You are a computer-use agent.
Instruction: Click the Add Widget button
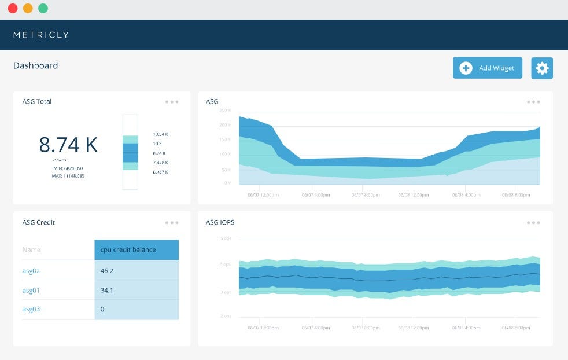(487, 68)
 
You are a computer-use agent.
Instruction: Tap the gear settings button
(541, 68)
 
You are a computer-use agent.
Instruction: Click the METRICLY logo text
(41, 35)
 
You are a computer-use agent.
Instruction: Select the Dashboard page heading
(36, 65)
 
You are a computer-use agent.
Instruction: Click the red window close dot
(13, 9)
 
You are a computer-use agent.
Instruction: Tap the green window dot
(43, 9)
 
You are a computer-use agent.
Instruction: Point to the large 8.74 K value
(68, 145)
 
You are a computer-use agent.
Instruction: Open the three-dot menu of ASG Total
(172, 102)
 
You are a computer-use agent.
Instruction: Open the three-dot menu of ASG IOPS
(533, 222)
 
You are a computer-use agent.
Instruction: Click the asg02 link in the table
(31, 270)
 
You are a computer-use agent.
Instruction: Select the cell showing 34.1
(106, 290)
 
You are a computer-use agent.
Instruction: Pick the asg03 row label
(31, 309)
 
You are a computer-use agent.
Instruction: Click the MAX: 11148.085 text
(68, 175)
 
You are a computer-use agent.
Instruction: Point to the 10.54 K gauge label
(160, 134)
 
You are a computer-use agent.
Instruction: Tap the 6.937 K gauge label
(160, 172)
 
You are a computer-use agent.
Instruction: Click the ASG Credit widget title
(39, 222)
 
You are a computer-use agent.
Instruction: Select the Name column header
(31, 249)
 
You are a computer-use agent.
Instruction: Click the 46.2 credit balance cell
(106, 270)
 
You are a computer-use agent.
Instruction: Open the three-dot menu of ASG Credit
(172, 222)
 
